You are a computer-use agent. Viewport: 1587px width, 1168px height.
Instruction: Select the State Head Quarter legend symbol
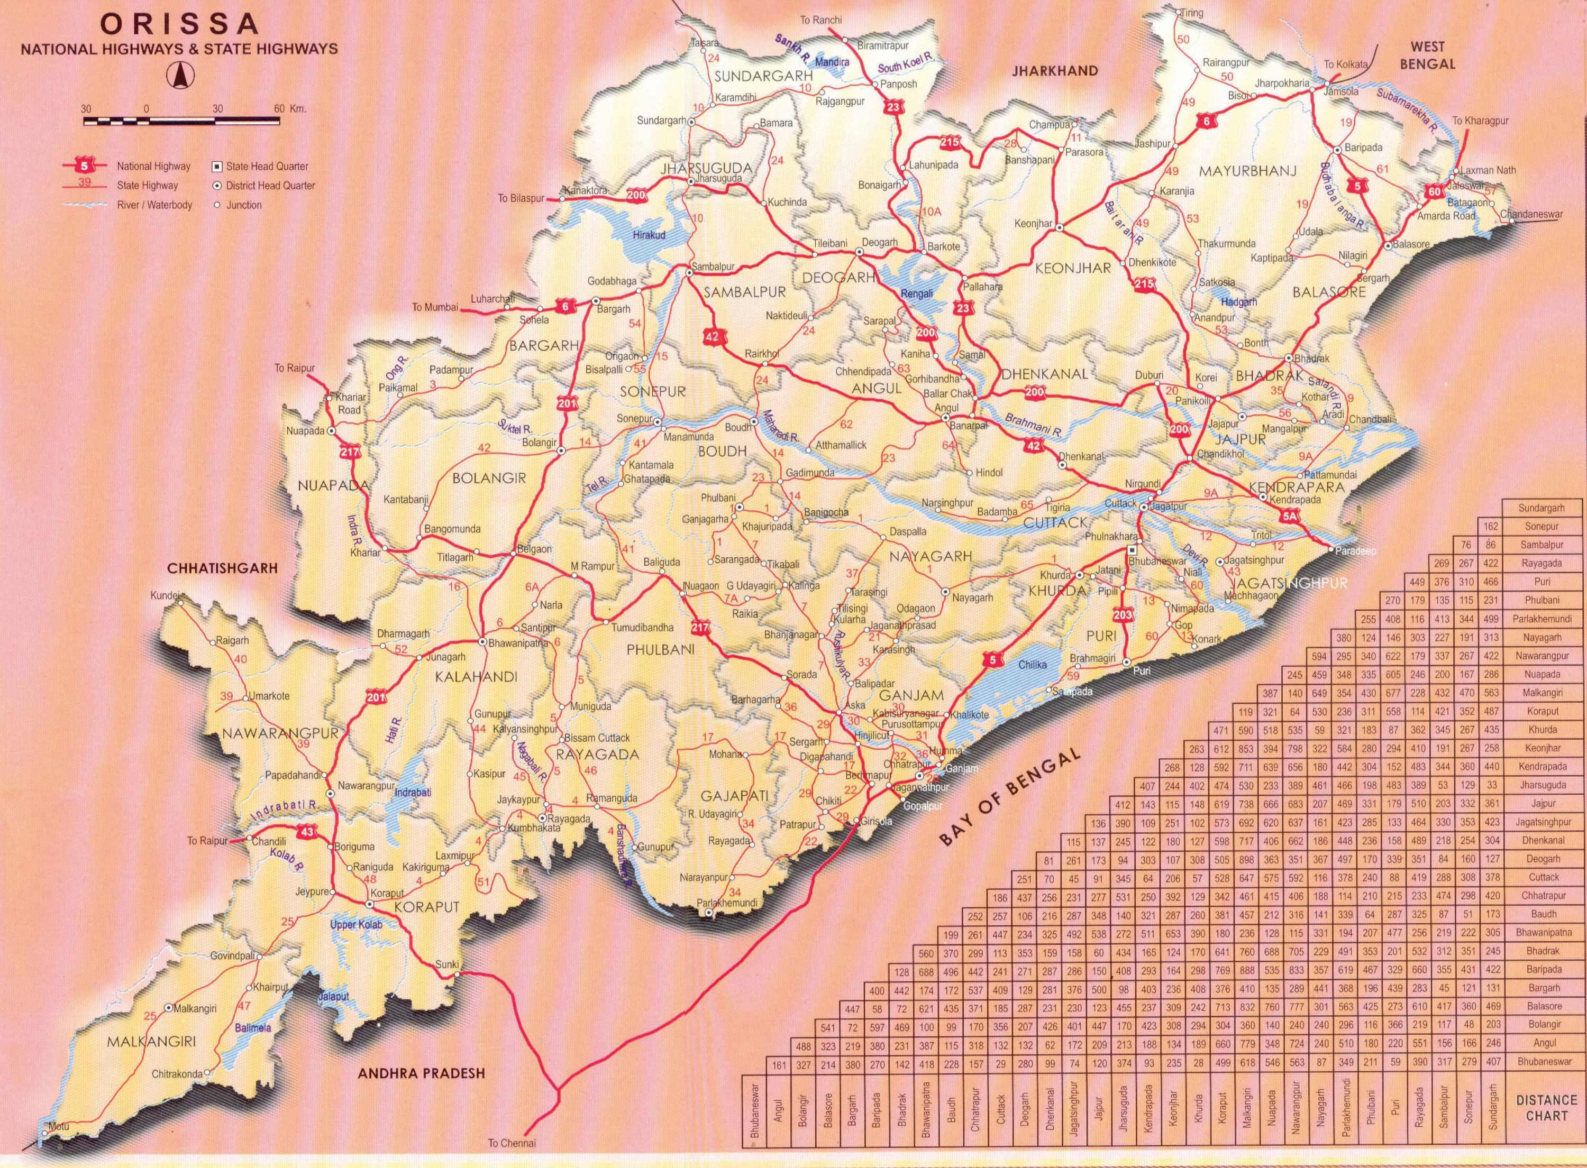point(217,166)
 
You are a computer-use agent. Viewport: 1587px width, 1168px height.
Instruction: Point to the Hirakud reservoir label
point(649,234)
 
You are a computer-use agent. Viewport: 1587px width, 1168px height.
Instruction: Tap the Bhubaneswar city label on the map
point(1155,560)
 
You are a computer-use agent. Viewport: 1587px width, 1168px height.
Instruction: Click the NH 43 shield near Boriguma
point(306,832)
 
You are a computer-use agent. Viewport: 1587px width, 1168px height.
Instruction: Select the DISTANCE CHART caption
point(1546,1107)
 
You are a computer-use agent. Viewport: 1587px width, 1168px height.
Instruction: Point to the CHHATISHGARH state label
point(222,568)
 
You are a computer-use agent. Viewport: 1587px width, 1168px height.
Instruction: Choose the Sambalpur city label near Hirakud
point(714,267)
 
